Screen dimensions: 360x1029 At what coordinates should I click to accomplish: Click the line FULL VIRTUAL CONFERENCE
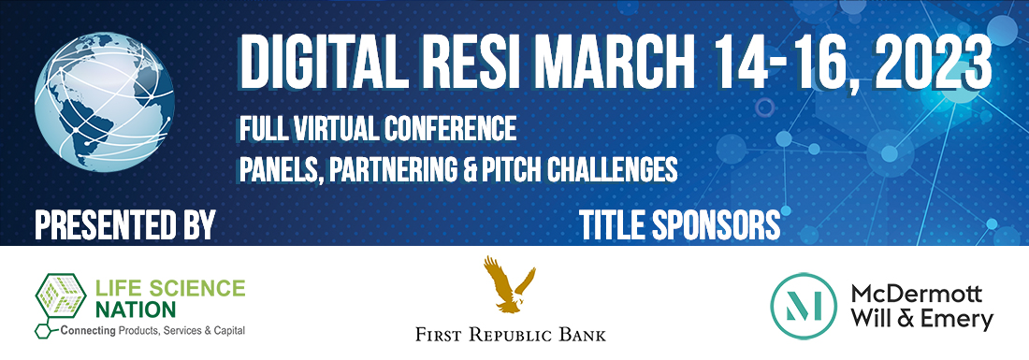pyautogui.click(x=378, y=125)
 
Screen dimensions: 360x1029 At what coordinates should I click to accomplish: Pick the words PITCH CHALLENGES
pyautogui.click(x=596, y=167)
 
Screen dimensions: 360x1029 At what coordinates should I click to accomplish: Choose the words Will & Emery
pyautogui.click(x=921, y=320)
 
